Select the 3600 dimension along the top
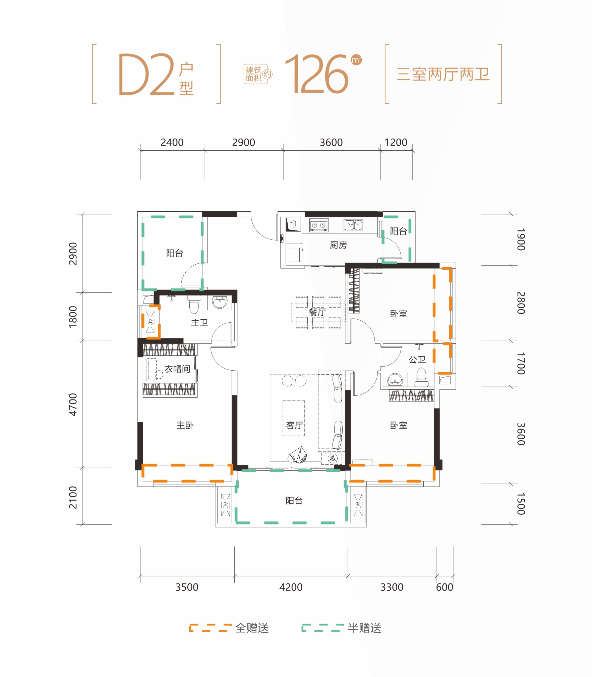point(331,142)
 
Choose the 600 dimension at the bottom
point(444,587)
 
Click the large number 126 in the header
point(316,74)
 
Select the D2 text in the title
point(146,74)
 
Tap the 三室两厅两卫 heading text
point(443,74)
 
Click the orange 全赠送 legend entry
point(229,628)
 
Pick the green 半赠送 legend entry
point(341,628)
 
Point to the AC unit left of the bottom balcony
point(226,505)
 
